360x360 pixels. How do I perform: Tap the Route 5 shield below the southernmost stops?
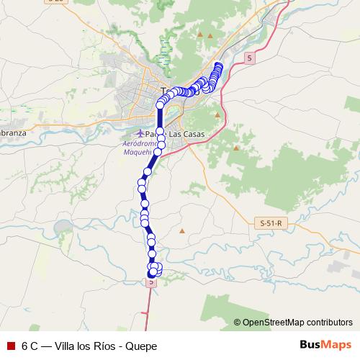pos(151,283)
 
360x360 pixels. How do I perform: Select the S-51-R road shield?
pos(271,224)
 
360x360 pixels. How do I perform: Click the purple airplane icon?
pos(140,134)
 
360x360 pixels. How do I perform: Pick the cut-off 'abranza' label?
pos(13,133)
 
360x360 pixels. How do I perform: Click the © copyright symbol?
pos(237,323)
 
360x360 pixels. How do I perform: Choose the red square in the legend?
pos(9,346)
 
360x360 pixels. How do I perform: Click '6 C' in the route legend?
pos(30,346)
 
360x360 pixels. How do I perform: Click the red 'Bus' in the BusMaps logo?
pos(310,345)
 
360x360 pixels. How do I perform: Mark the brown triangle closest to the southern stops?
pos(181,230)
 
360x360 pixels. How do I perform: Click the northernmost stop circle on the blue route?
pos(219,67)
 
